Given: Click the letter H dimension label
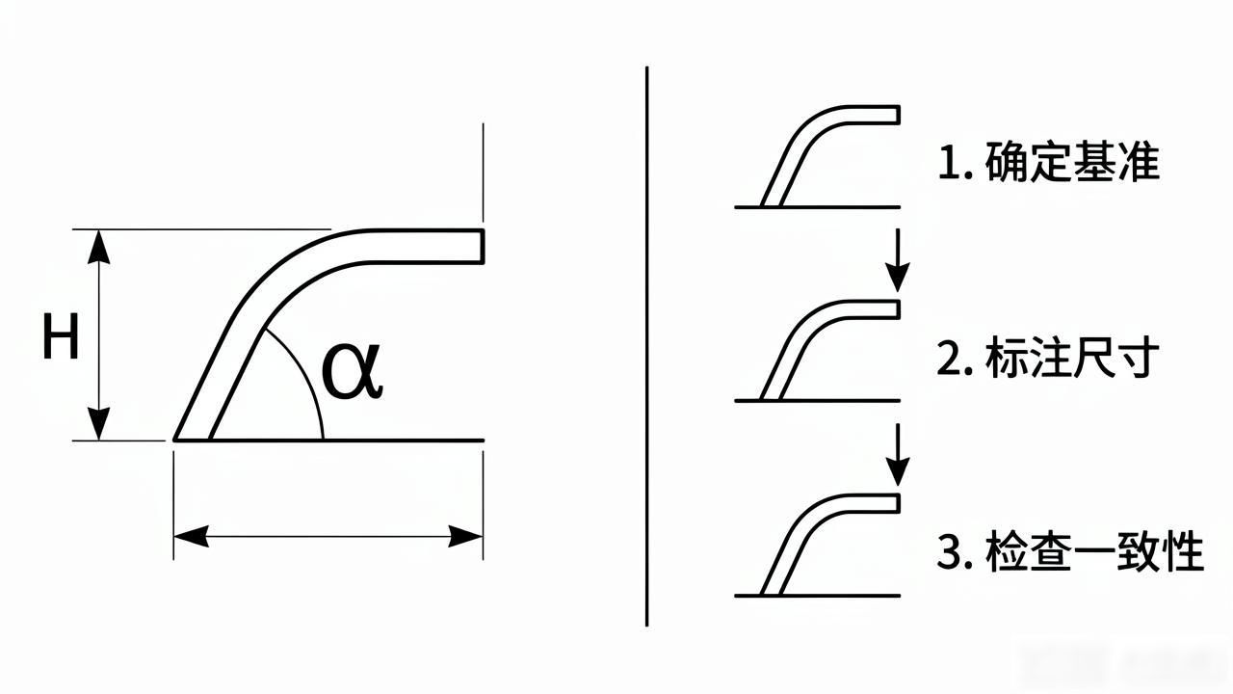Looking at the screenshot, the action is tap(61, 336).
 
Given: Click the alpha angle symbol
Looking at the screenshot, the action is tap(352, 371).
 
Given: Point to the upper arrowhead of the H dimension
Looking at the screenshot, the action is tap(98, 246).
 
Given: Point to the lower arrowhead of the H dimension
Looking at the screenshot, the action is tap(98, 424).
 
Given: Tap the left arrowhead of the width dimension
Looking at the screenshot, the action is tap(191, 536).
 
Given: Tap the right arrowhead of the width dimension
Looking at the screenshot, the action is tap(465, 536).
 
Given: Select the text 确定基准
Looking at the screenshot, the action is tap(1072, 162).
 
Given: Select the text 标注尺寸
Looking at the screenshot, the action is tap(1072, 357).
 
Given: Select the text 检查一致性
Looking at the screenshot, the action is tap(1094, 550).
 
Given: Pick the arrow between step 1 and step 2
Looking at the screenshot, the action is tap(897, 260).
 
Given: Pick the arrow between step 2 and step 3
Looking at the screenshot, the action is tap(897, 455).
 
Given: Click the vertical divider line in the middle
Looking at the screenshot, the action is tap(646, 346).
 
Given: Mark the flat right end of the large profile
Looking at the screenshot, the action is tap(483, 246).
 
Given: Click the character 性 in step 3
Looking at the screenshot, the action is tap(1184, 550).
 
